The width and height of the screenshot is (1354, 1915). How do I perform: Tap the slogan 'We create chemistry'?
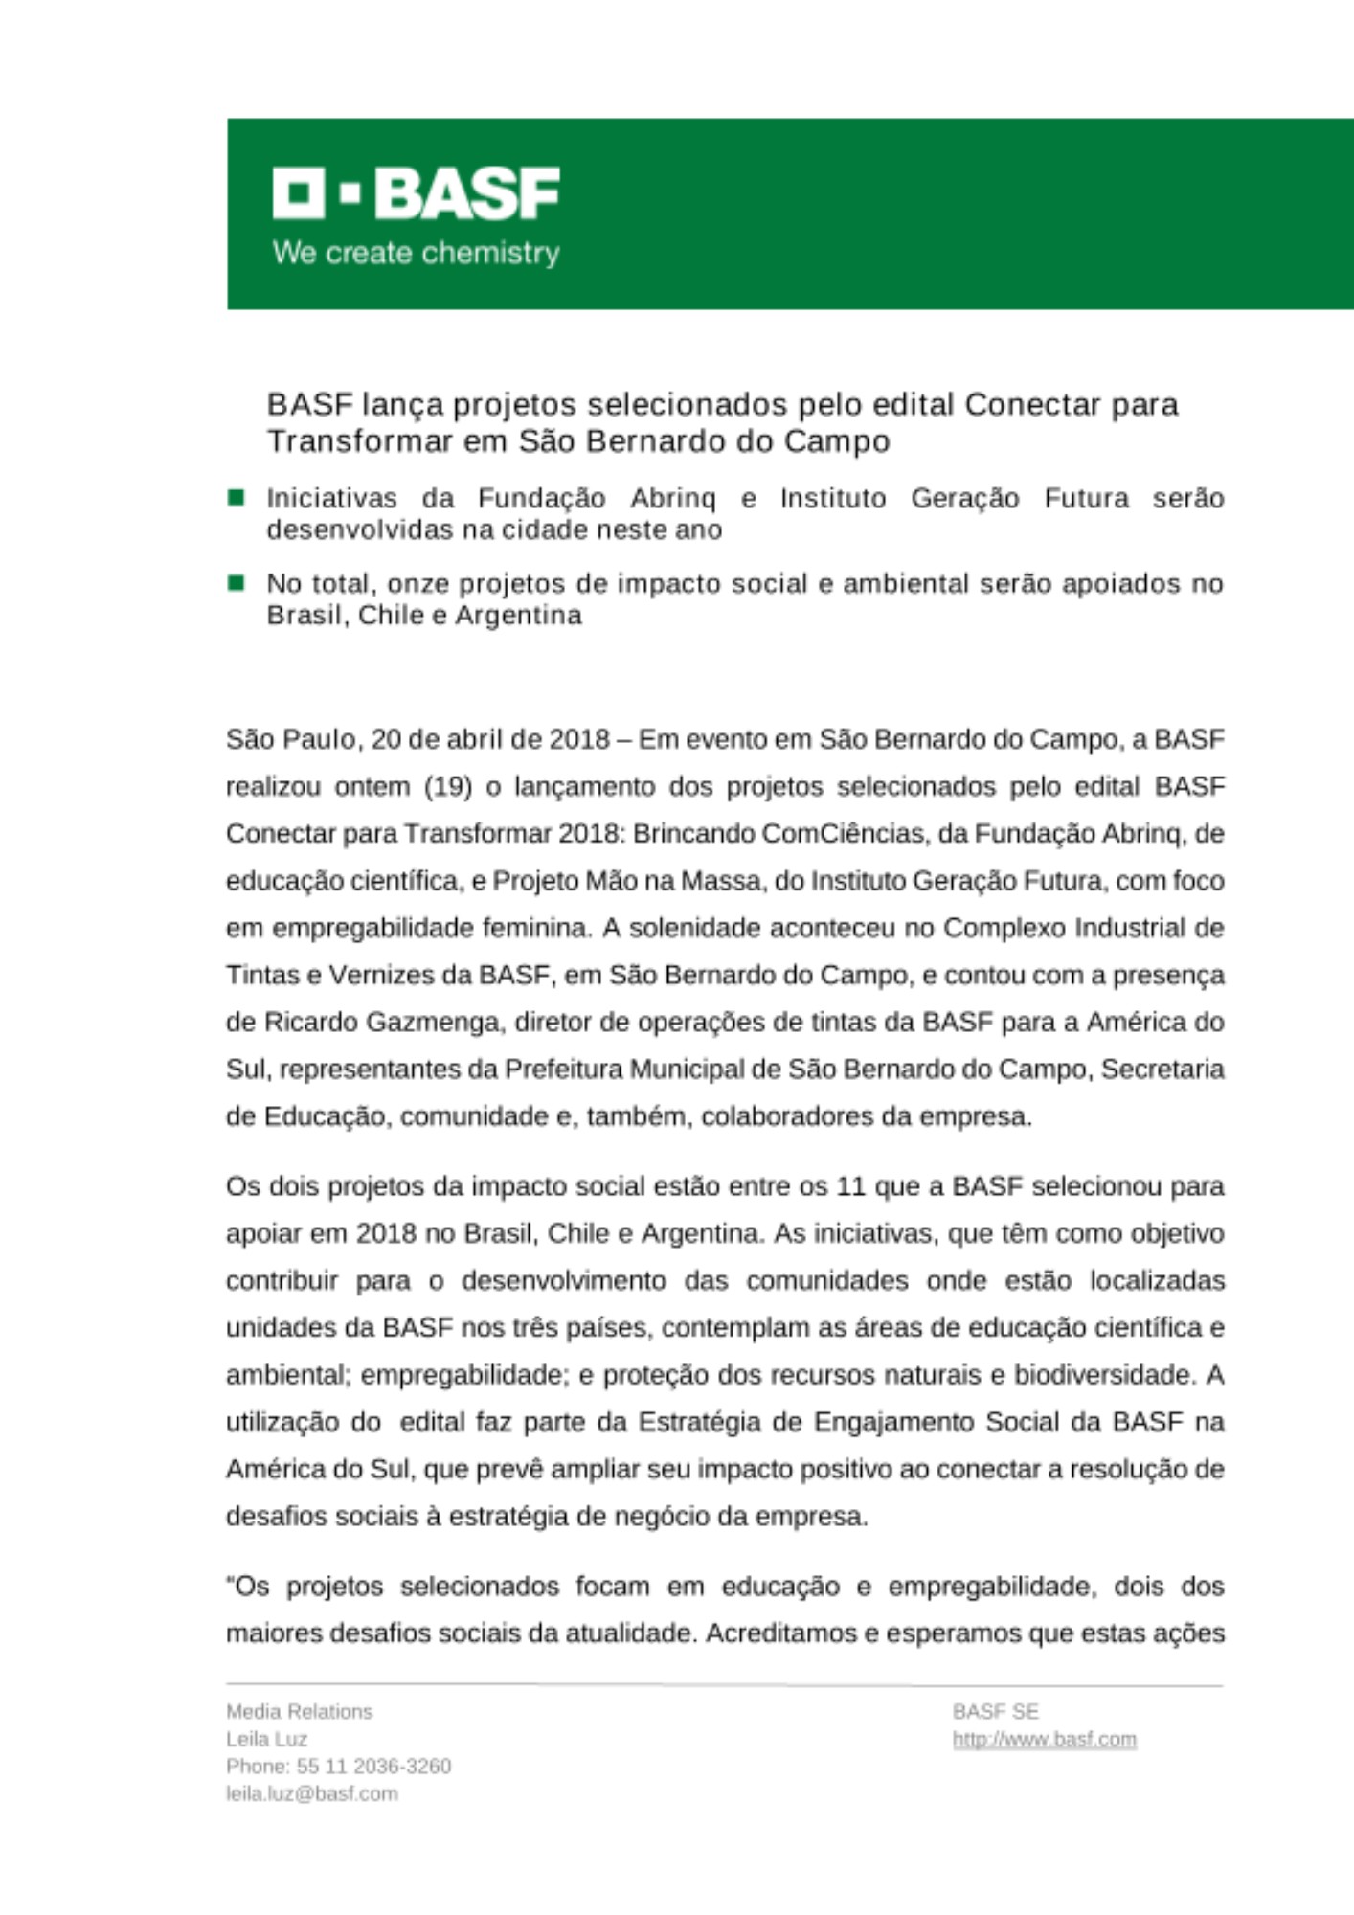[x=416, y=253]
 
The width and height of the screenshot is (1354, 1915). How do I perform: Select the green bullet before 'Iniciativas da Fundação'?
[x=236, y=497]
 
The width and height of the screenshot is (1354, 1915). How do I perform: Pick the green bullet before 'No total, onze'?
[x=236, y=582]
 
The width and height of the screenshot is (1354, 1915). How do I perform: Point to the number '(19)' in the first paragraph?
[x=447, y=787]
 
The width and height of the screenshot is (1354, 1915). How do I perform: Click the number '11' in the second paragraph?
[x=851, y=1186]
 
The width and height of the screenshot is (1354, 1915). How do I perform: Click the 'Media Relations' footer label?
[x=299, y=1711]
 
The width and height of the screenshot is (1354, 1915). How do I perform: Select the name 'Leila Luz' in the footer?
[x=266, y=1739]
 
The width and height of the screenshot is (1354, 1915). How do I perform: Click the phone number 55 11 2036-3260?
[x=373, y=1766]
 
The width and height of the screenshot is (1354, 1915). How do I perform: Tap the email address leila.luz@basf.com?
[x=311, y=1793]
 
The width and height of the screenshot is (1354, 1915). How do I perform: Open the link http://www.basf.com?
[x=1044, y=1739]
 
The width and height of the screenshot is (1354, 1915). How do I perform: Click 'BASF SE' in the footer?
[x=995, y=1711]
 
